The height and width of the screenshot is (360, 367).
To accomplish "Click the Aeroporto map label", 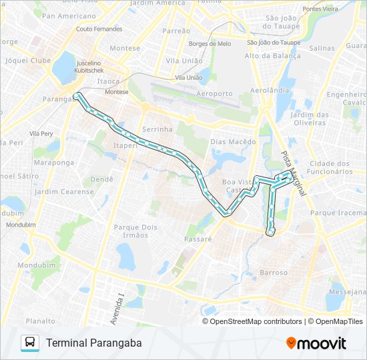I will [215, 94].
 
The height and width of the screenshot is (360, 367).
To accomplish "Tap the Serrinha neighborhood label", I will [157, 129].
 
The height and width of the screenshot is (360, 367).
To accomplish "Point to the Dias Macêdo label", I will [233, 142].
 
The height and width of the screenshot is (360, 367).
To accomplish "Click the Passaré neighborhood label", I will [198, 238].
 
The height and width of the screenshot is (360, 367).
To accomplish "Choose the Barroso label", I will [274, 273].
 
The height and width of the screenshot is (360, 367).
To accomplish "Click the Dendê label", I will [101, 179].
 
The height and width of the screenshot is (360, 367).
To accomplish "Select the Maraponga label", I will [54, 162].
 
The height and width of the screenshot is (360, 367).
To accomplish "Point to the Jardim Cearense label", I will [65, 192].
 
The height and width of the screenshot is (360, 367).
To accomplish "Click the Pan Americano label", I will [68, 15].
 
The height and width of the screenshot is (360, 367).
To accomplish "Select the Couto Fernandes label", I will [99, 29].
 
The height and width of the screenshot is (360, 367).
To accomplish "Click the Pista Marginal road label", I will [293, 173].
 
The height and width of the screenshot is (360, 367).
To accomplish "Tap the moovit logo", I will [316, 343].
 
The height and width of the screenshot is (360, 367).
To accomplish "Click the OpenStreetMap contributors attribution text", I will [256, 321].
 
